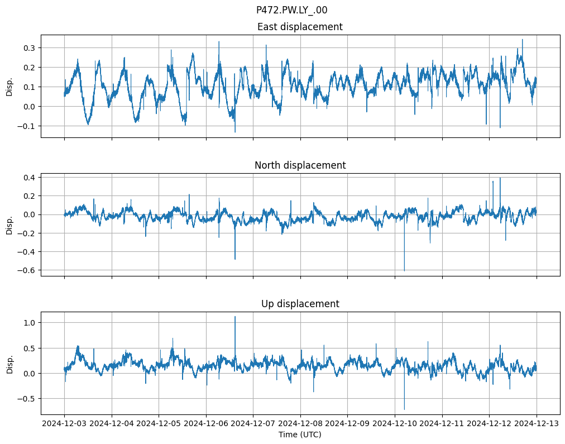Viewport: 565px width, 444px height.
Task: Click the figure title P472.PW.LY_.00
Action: click(291, 10)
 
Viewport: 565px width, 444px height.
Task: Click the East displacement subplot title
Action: click(300, 27)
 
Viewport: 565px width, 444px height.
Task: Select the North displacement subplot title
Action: click(300, 165)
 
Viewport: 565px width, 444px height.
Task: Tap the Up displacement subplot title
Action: click(300, 304)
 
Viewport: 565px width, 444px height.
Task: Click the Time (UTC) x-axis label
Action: click(300, 435)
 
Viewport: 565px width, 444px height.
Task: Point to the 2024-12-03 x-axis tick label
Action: click(64, 424)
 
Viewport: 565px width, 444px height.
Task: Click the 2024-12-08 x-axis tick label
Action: click(300, 424)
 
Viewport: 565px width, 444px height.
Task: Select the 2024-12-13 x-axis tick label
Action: click(537, 424)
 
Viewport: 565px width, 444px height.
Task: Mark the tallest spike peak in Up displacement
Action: click(235, 317)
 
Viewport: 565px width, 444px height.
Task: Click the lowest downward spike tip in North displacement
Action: click(404, 271)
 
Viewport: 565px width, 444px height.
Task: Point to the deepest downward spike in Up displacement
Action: click(404, 409)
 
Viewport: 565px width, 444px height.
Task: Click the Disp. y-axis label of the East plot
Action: click(9, 86)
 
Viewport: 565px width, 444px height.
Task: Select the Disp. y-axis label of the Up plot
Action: click(9, 363)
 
